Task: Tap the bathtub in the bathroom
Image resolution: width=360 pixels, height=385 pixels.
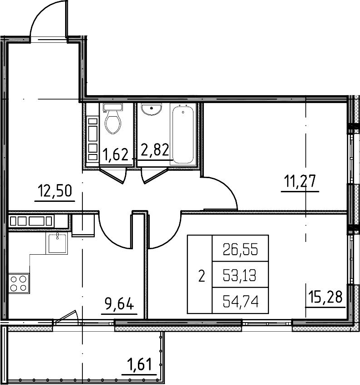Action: tap(183, 134)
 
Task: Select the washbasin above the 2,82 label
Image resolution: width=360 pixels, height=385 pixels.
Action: tap(152, 109)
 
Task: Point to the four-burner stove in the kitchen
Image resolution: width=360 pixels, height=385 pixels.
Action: tap(19, 283)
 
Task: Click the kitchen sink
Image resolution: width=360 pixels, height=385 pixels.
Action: tap(56, 243)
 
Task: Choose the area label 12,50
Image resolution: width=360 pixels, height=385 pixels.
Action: tap(55, 191)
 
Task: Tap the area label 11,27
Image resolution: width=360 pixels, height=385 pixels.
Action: tap(300, 181)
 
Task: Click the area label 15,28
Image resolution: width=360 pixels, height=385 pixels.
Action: tap(325, 297)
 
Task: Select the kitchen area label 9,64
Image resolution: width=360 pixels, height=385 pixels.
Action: tap(119, 304)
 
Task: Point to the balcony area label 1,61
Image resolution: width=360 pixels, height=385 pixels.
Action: tap(139, 364)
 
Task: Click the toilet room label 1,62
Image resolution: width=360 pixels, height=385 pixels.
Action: tap(115, 155)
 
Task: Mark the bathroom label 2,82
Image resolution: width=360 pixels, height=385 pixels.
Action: tap(155, 149)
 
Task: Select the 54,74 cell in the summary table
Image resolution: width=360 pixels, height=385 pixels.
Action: tap(240, 301)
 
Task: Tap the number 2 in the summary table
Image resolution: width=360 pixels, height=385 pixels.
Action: tap(202, 276)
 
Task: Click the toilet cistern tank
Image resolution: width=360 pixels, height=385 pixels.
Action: tap(113, 107)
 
